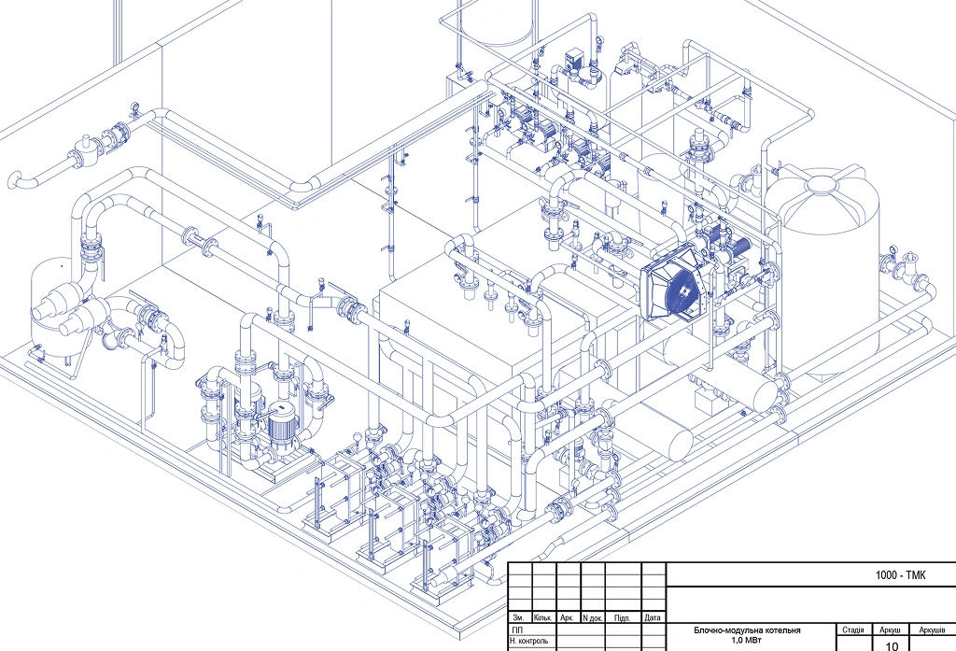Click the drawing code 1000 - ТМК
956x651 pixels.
tap(900, 574)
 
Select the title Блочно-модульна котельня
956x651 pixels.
tap(747, 630)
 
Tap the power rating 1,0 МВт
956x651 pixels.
tap(747, 641)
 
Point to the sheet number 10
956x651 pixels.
tap(892, 646)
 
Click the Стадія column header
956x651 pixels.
tap(853, 630)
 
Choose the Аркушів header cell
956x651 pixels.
tap(933, 630)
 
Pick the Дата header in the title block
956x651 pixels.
tap(653, 617)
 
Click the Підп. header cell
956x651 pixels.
tap(622, 618)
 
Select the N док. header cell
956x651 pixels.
tap(593, 618)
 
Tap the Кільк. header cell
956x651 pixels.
tap(542, 617)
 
